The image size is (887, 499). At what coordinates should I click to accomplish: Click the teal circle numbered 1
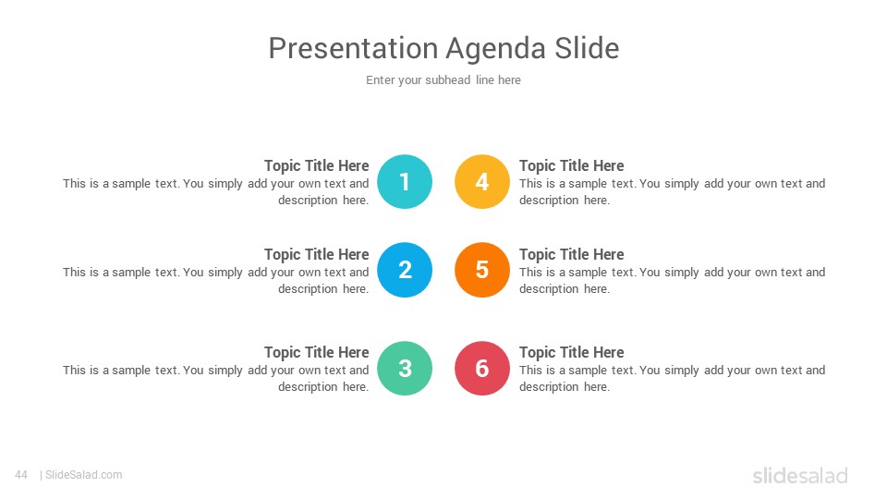[405, 182]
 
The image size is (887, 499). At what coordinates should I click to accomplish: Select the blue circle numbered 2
[405, 270]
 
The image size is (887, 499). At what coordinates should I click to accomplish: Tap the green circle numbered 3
[405, 369]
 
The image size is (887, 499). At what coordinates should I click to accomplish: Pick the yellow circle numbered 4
[482, 182]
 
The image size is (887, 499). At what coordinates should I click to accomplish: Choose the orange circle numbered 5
[482, 270]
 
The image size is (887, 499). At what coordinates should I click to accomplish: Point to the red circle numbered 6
[482, 369]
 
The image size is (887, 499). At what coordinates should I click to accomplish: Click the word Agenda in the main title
[496, 49]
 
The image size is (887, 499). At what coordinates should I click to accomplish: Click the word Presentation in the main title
[353, 48]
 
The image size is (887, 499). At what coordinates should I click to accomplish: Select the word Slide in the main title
[587, 48]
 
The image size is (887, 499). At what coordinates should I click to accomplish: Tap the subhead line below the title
[443, 80]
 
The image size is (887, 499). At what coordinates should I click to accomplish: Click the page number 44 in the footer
[21, 475]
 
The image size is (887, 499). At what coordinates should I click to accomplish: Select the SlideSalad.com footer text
[83, 475]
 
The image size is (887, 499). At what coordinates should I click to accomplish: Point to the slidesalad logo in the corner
[800, 475]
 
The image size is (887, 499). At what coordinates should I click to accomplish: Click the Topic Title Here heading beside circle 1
[316, 165]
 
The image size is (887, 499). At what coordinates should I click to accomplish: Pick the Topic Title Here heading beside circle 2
[316, 255]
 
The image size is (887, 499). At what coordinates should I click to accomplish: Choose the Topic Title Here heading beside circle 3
[316, 352]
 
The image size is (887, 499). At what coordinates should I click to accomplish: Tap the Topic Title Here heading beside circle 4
[571, 165]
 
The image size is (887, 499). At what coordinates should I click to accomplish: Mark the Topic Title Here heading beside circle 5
[571, 255]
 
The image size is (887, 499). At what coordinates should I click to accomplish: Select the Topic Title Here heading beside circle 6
[571, 352]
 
